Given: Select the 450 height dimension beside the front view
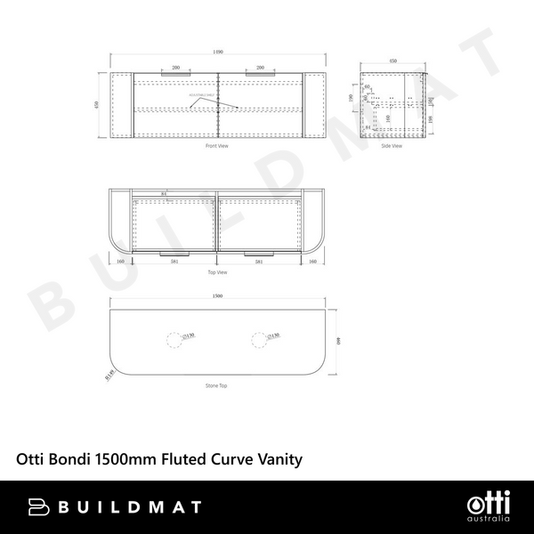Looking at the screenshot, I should pos(97,103).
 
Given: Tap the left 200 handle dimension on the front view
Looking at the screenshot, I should pos(175,68).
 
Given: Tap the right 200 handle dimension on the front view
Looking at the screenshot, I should pos(261,68).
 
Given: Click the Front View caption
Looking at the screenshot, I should pos(218,145).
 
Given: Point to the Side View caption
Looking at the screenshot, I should pos(392,145).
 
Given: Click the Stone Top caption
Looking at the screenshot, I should pos(218,386).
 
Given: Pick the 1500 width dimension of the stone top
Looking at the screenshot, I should pos(218,296).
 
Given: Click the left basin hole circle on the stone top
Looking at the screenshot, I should pos(174,337).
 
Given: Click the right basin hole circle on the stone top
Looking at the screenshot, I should pos(258,337).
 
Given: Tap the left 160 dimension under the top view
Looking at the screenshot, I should pos(119,262).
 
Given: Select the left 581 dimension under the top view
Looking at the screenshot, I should pos(175,262).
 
